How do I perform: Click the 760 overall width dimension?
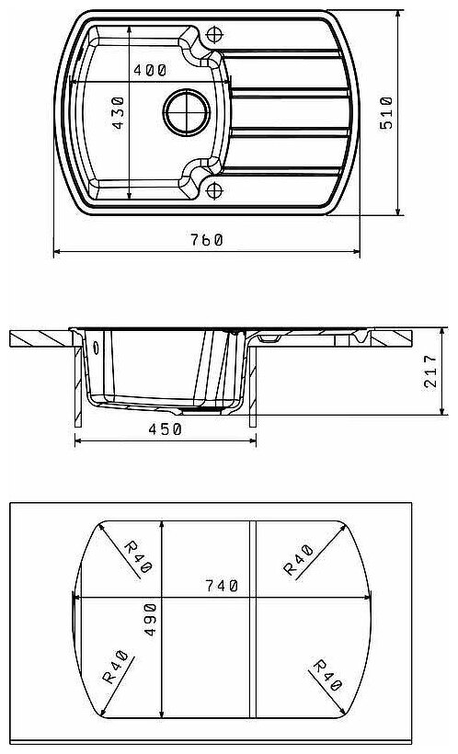206,239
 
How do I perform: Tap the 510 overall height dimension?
386,113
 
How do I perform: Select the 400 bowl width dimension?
150,70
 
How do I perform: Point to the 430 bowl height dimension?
118,113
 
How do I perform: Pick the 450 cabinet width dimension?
165,428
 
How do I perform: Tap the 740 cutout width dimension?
222,586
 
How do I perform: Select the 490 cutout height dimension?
151,620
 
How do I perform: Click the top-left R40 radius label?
138,557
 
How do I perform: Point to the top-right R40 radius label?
299,560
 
